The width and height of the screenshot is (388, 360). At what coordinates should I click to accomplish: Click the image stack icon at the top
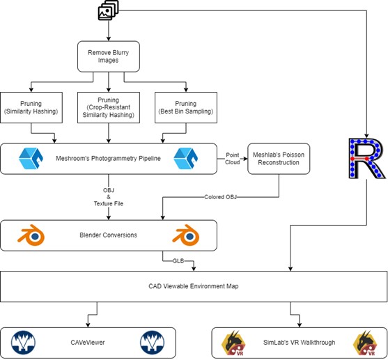click(x=109, y=10)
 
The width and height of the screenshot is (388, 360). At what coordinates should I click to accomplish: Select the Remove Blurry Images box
click(x=109, y=56)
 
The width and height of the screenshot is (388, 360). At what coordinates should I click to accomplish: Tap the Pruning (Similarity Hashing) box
click(x=31, y=107)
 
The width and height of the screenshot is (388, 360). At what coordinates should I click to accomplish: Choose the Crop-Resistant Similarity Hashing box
click(x=109, y=107)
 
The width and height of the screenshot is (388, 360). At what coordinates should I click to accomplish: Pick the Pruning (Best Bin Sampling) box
click(x=186, y=107)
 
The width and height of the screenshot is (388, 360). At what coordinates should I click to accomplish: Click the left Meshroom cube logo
click(x=31, y=158)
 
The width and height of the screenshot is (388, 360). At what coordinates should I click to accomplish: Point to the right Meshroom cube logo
click(x=185, y=158)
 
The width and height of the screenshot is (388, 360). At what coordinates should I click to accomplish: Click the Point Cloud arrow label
click(x=233, y=159)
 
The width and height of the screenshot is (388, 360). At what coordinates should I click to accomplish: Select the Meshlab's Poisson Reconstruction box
click(x=279, y=159)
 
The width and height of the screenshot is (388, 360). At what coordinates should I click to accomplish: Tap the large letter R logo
click(x=366, y=158)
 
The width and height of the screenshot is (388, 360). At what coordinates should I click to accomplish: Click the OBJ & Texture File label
click(x=109, y=197)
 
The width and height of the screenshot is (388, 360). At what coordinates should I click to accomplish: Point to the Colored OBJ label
click(x=220, y=197)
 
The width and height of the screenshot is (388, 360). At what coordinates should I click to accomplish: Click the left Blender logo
click(x=31, y=235)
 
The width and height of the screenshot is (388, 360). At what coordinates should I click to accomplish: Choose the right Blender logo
click(x=186, y=235)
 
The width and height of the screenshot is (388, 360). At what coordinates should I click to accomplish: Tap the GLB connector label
click(x=178, y=261)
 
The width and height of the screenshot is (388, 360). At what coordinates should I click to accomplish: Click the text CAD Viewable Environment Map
click(x=194, y=286)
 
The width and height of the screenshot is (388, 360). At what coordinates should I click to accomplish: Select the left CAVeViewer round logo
click(x=23, y=343)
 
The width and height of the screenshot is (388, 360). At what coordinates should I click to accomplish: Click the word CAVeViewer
click(x=88, y=343)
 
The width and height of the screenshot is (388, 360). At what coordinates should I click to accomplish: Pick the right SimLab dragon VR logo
click(x=365, y=343)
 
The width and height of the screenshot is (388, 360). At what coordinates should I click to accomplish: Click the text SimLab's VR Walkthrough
click(x=299, y=343)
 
